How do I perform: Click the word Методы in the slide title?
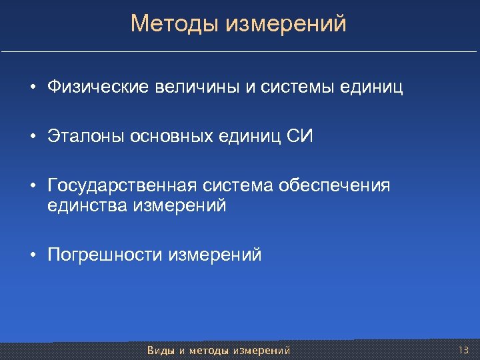pos(175,24)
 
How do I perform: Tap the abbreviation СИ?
pos(299,137)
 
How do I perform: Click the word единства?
pos(87,206)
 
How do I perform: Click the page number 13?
pos(464,349)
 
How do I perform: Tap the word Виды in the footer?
pos(160,350)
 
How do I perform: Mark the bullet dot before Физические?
pos(32,88)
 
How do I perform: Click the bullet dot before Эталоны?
pos(32,137)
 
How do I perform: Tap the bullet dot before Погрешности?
pos(32,255)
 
